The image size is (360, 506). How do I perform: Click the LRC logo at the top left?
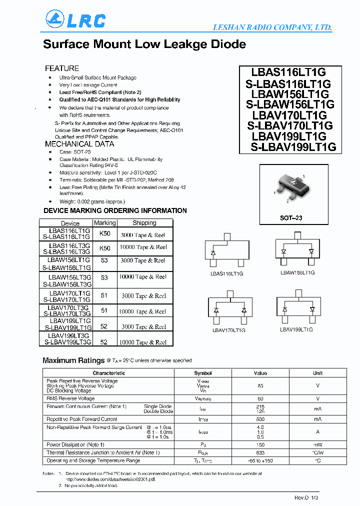click(x=75, y=20)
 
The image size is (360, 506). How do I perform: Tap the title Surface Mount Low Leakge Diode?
click(x=144, y=44)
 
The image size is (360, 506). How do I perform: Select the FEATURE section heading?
click(x=62, y=68)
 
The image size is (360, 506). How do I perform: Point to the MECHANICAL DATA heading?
click(x=79, y=144)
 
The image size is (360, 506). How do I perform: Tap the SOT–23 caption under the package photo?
click(x=290, y=218)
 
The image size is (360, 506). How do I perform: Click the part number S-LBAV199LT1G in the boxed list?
click(x=293, y=147)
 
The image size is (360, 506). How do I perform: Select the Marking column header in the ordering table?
click(x=105, y=223)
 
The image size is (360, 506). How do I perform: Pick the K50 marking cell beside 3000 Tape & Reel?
click(x=105, y=234)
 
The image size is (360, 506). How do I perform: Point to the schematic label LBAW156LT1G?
click(x=297, y=272)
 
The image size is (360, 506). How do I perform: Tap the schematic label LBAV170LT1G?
click(x=228, y=330)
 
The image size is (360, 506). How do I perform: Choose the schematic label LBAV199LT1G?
click(x=296, y=329)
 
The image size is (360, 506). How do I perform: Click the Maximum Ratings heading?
click(x=73, y=360)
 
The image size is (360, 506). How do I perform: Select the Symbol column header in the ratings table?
click(x=203, y=373)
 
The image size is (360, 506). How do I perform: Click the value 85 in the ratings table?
click(x=260, y=385)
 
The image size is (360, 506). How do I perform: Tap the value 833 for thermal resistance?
click(x=260, y=452)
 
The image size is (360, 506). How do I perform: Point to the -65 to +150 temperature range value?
click(x=260, y=460)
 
